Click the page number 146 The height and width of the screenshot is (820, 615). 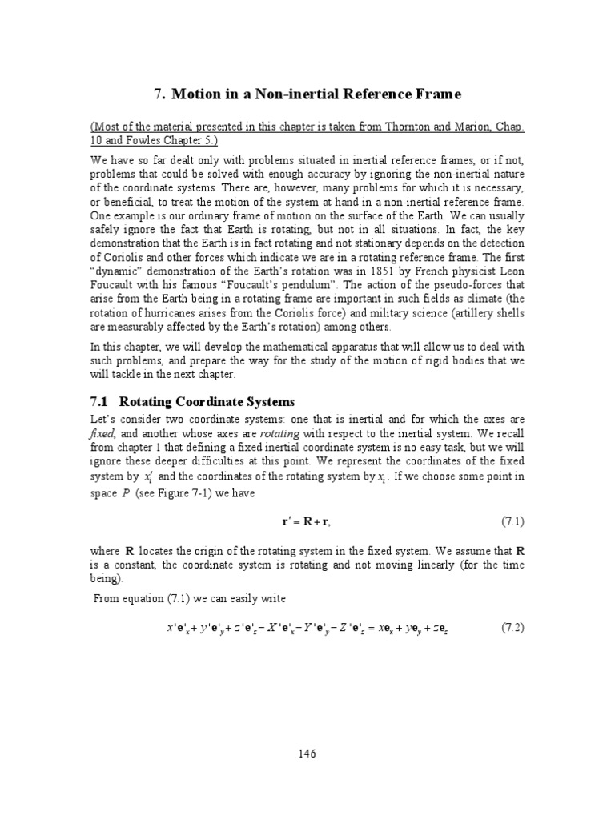(x=307, y=754)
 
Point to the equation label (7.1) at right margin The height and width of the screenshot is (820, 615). (x=512, y=521)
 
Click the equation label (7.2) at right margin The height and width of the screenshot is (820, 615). (x=512, y=627)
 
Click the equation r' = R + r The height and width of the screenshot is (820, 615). (x=306, y=522)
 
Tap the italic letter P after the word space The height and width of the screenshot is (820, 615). (x=126, y=494)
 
